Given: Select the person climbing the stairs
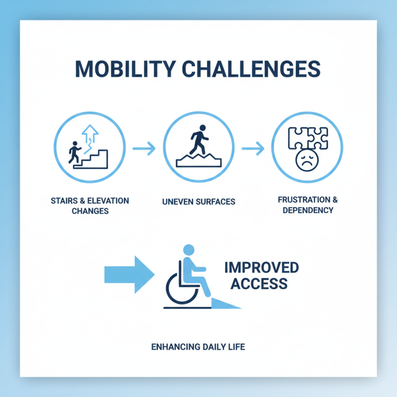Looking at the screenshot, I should pyautogui.click(x=75, y=152).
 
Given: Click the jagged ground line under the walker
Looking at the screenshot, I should pyautogui.click(x=198, y=160).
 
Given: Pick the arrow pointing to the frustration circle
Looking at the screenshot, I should pyautogui.click(x=254, y=148).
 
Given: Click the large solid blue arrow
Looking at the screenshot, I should pyautogui.click(x=129, y=274).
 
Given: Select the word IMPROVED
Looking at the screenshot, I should pyautogui.click(x=262, y=268).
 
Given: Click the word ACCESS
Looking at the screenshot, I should pyautogui.click(x=256, y=284).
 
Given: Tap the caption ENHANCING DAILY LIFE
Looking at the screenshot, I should pyautogui.click(x=198, y=346).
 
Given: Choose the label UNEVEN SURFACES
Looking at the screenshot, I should pyautogui.click(x=198, y=202).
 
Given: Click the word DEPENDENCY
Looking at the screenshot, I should pyautogui.click(x=308, y=210).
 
